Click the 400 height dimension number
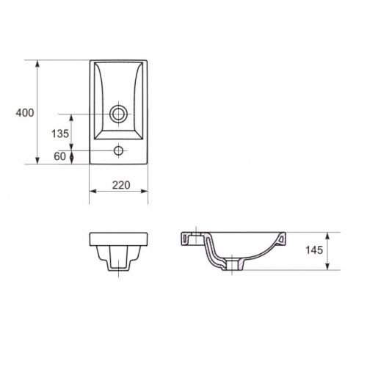click(23, 112)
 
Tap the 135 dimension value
click(60, 134)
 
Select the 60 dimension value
click(60, 156)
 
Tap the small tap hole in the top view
click(117, 152)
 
